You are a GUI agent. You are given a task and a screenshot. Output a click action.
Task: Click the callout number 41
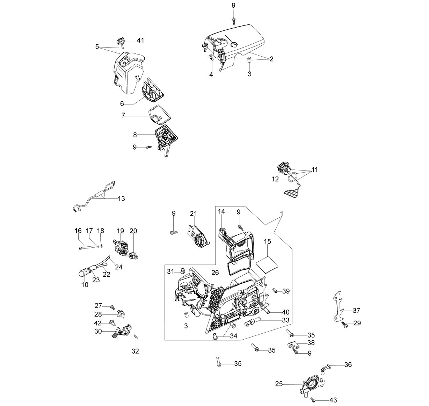[140, 41]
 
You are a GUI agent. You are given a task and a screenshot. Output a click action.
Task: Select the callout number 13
[121, 199]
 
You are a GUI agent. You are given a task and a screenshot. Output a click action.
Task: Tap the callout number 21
[193, 213]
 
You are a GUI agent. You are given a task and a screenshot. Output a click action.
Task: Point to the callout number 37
[356, 310]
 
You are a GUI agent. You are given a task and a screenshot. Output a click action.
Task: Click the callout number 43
[333, 400]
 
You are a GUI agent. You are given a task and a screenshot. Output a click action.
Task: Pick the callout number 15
[267, 241]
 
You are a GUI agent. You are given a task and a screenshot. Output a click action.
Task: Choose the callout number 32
[135, 351]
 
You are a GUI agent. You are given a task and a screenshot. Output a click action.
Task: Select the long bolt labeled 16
[87, 247]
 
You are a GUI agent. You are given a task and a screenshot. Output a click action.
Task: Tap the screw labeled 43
[313, 400]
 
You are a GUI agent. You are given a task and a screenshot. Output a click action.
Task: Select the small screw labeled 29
[344, 324]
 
